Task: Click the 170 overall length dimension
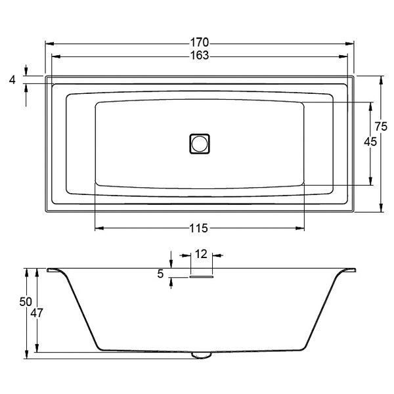click(200, 44)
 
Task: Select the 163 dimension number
click(200, 56)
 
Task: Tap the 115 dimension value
click(200, 229)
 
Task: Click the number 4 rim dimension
click(12, 79)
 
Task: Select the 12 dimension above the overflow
click(201, 253)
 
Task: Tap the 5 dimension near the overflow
click(161, 274)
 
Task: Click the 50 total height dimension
click(25, 301)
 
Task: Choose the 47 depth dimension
click(37, 313)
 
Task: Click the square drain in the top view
click(200, 143)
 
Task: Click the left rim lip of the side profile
click(53, 270)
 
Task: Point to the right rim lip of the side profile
click(349, 270)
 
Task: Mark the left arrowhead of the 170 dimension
click(47, 44)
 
